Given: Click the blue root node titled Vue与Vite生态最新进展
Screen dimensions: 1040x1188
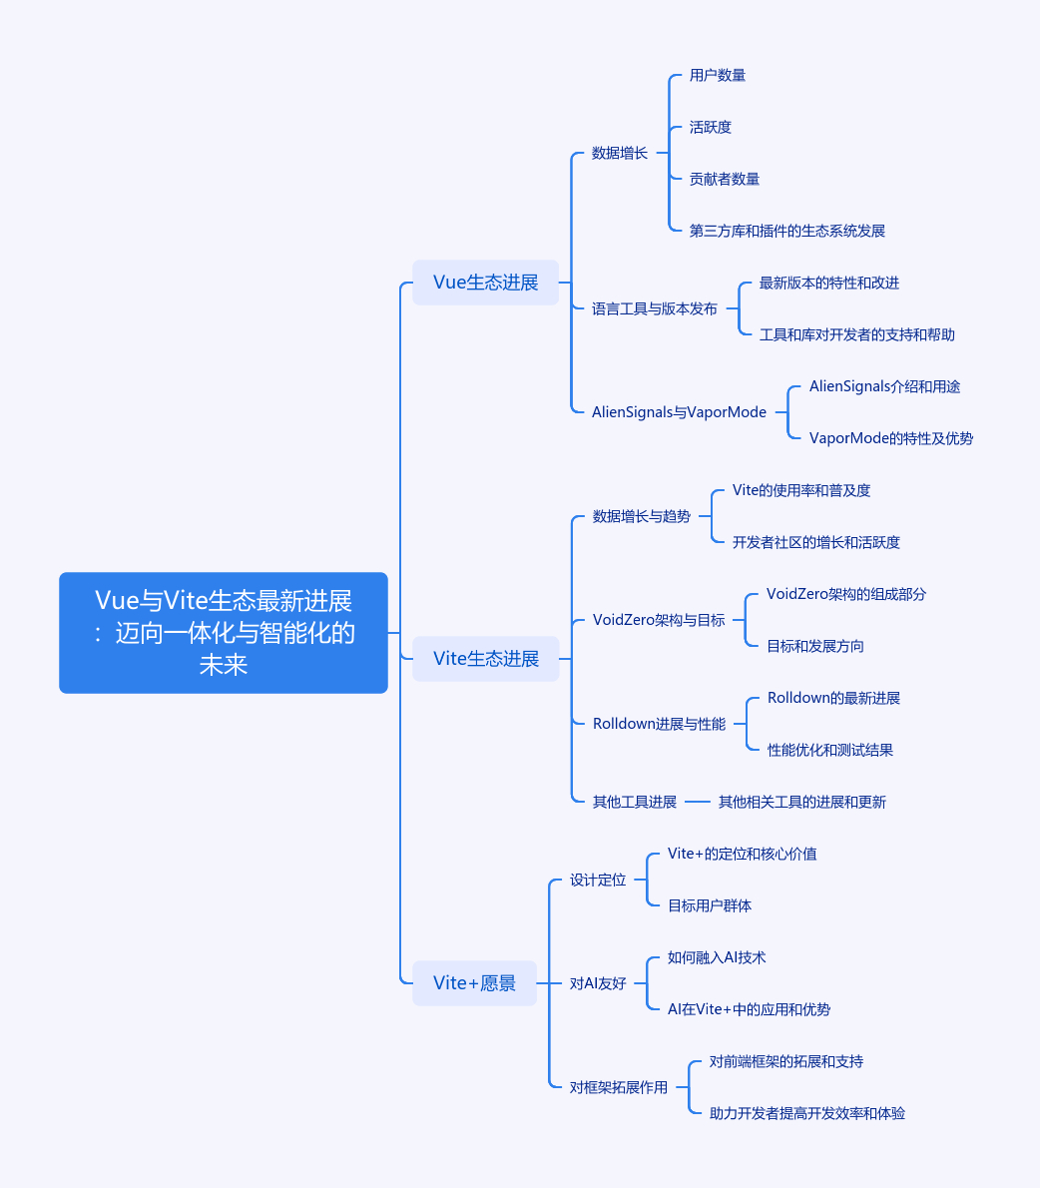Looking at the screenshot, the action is click(224, 633).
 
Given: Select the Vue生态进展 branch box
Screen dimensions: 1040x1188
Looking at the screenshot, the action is click(485, 283).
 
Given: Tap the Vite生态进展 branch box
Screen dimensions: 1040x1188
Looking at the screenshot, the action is click(485, 659).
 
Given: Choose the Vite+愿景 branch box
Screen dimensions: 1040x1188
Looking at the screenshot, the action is click(474, 982).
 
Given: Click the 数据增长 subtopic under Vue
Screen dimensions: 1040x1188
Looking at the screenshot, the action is click(620, 153).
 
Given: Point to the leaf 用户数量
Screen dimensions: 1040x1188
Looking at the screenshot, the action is click(718, 75).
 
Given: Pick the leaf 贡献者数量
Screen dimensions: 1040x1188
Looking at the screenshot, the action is click(725, 179).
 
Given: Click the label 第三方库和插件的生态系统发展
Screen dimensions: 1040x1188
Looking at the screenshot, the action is click(787, 231).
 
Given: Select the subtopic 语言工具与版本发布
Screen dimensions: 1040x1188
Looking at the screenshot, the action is click(655, 309).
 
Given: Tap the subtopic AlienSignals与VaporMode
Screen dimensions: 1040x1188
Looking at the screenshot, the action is click(679, 412).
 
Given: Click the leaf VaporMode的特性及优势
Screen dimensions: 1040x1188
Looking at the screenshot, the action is click(890, 438).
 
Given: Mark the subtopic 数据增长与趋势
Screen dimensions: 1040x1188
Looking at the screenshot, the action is click(642, 517).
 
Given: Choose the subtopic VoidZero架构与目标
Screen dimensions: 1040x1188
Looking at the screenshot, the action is click(659, 620).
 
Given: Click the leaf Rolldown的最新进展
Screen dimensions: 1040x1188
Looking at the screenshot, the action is click(833, 698).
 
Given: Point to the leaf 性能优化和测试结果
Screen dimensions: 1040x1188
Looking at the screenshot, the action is click(830, 750).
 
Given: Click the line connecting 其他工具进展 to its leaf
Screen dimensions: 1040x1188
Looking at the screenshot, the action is click(698, 802).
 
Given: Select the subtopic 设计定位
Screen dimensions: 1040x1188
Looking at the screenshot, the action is click(598, 880).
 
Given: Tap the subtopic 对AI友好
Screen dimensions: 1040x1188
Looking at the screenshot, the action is click(598, 983).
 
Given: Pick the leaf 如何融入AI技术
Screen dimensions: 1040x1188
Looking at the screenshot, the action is click(717, 957).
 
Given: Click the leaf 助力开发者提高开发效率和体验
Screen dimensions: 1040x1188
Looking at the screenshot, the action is click(806, 1113).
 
